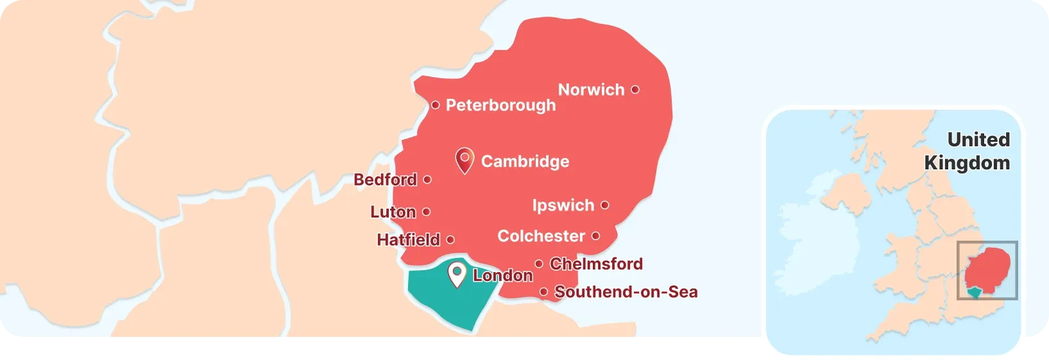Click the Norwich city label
pos(591,90)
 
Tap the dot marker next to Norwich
pos(635,90)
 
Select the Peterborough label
pos(500,105)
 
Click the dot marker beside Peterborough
pos(435,105)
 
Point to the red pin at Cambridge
pos(464,160)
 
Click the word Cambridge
pos(525,162)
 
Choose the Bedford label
pos(385,180)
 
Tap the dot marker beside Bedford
pos(427,180)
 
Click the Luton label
pos(393,212)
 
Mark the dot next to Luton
pos(427,212)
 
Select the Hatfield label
pos(408,240)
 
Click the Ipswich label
pos(563,205)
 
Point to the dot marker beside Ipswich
pos(605,205)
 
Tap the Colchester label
pos(541,236)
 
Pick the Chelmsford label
pos(596,264)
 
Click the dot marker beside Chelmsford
pos(539,264)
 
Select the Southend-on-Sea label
pos(626,292)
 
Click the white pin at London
pos(457,274)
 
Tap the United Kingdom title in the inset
pos(967,151)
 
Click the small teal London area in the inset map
pos(975,293)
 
